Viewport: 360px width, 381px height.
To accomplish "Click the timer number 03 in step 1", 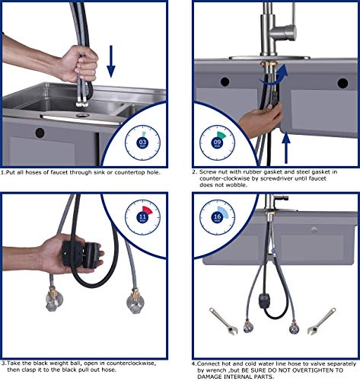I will click(143, 142).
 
